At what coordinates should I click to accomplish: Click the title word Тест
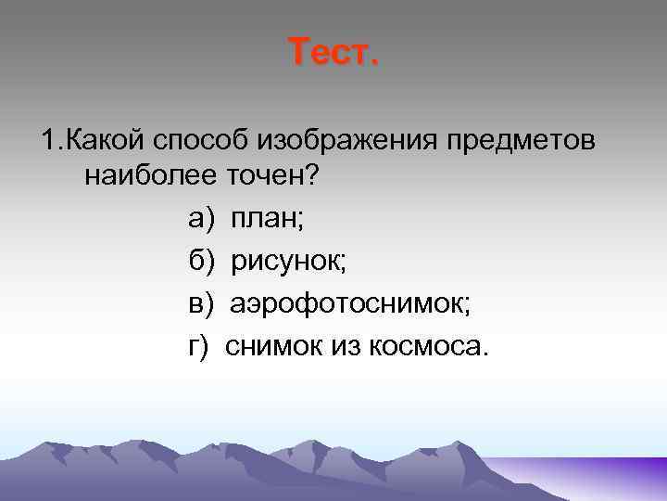(333, 52)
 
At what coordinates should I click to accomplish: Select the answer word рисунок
(288, 262)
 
